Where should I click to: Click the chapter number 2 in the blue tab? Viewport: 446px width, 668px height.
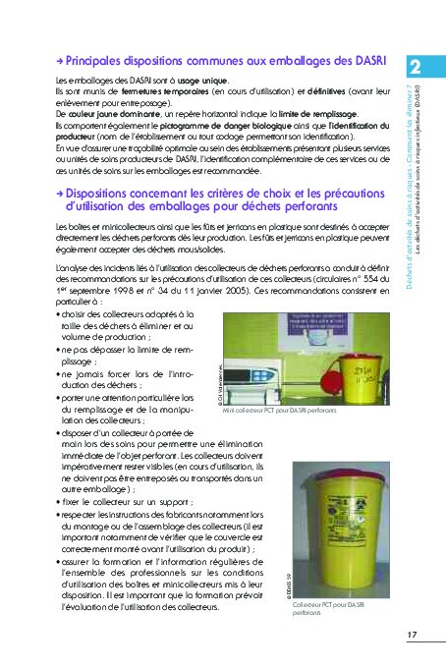(x=417, y=68)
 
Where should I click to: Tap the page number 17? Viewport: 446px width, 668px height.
(x=413, y=635)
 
